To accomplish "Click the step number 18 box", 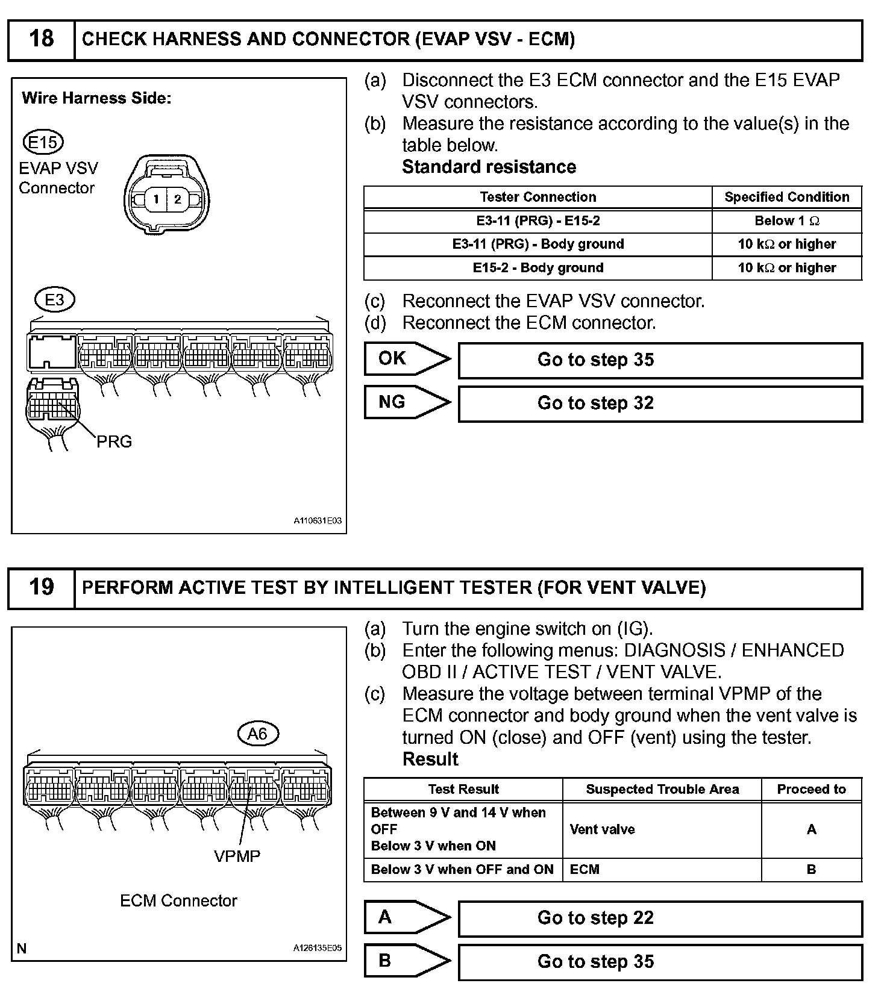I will point(41,40).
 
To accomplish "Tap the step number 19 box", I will point(41,587).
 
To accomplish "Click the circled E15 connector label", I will point(43,143).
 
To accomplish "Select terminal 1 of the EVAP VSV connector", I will point(156,199).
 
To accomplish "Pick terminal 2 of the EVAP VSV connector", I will point(177,199).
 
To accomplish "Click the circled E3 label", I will point(54,299).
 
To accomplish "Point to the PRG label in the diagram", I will point(114,441).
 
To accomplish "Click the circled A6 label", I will point(257,734).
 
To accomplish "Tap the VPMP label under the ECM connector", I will point(237,856).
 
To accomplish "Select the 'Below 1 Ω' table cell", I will point(786,221).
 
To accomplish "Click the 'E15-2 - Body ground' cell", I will point(538,268).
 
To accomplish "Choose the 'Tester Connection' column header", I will point(538,197).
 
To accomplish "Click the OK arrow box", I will point(407,359).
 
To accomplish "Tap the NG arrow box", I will point(407,402).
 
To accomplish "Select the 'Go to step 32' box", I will point(660,403).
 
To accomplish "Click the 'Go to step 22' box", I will point(660,918).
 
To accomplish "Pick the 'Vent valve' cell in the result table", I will point(662,829).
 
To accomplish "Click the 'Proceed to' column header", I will point(811,789).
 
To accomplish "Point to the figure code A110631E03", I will point(318,520).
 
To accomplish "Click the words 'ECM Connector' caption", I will point(178,900).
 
